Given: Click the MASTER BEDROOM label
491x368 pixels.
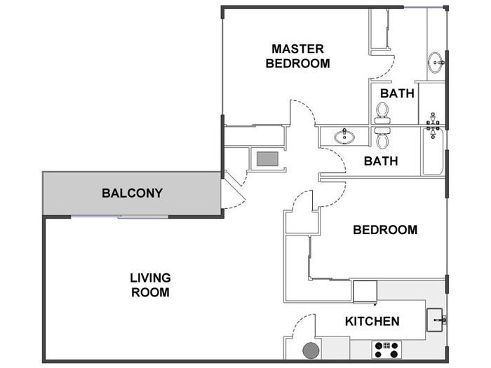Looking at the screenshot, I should (297, 56).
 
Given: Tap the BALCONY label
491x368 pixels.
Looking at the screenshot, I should (132, 193).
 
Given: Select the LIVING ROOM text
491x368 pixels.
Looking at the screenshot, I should (150, 285).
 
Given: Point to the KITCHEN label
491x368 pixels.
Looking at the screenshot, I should (372, 322).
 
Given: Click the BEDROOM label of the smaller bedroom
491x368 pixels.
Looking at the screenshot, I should (385, 230).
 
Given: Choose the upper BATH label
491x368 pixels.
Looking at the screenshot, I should (397, 93).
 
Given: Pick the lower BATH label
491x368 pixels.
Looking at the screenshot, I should (381, 161).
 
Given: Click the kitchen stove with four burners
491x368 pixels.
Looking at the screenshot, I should (386, 347).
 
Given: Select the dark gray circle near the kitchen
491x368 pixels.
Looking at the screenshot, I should (310, 350).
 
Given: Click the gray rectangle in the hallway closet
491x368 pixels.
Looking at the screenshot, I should (267, 159).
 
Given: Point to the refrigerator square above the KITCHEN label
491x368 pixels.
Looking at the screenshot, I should (365, 290).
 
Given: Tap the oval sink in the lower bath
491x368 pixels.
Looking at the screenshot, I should (344, 136).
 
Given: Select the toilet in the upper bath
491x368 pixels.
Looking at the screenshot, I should (382, 112).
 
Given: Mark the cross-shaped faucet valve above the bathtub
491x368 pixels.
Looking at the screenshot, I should (433, 125).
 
